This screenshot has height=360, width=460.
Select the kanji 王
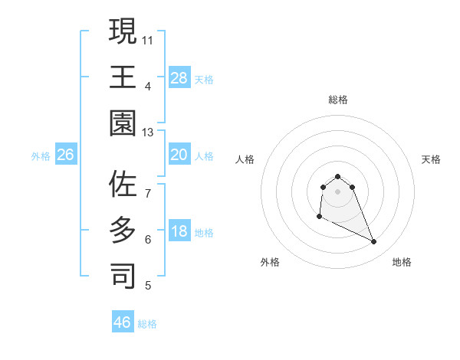122,77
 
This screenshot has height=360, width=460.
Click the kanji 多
122,231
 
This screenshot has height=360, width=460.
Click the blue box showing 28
179,77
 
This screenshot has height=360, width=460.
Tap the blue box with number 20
179,155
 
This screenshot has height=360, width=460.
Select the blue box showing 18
179,232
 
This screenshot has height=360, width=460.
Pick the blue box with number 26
65,155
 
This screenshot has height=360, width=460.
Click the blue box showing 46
122,322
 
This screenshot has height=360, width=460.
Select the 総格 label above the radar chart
337,100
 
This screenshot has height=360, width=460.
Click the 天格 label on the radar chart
431,159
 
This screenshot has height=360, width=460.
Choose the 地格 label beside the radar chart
402,262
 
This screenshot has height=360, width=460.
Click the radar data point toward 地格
374,242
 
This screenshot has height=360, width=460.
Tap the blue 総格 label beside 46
147,324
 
